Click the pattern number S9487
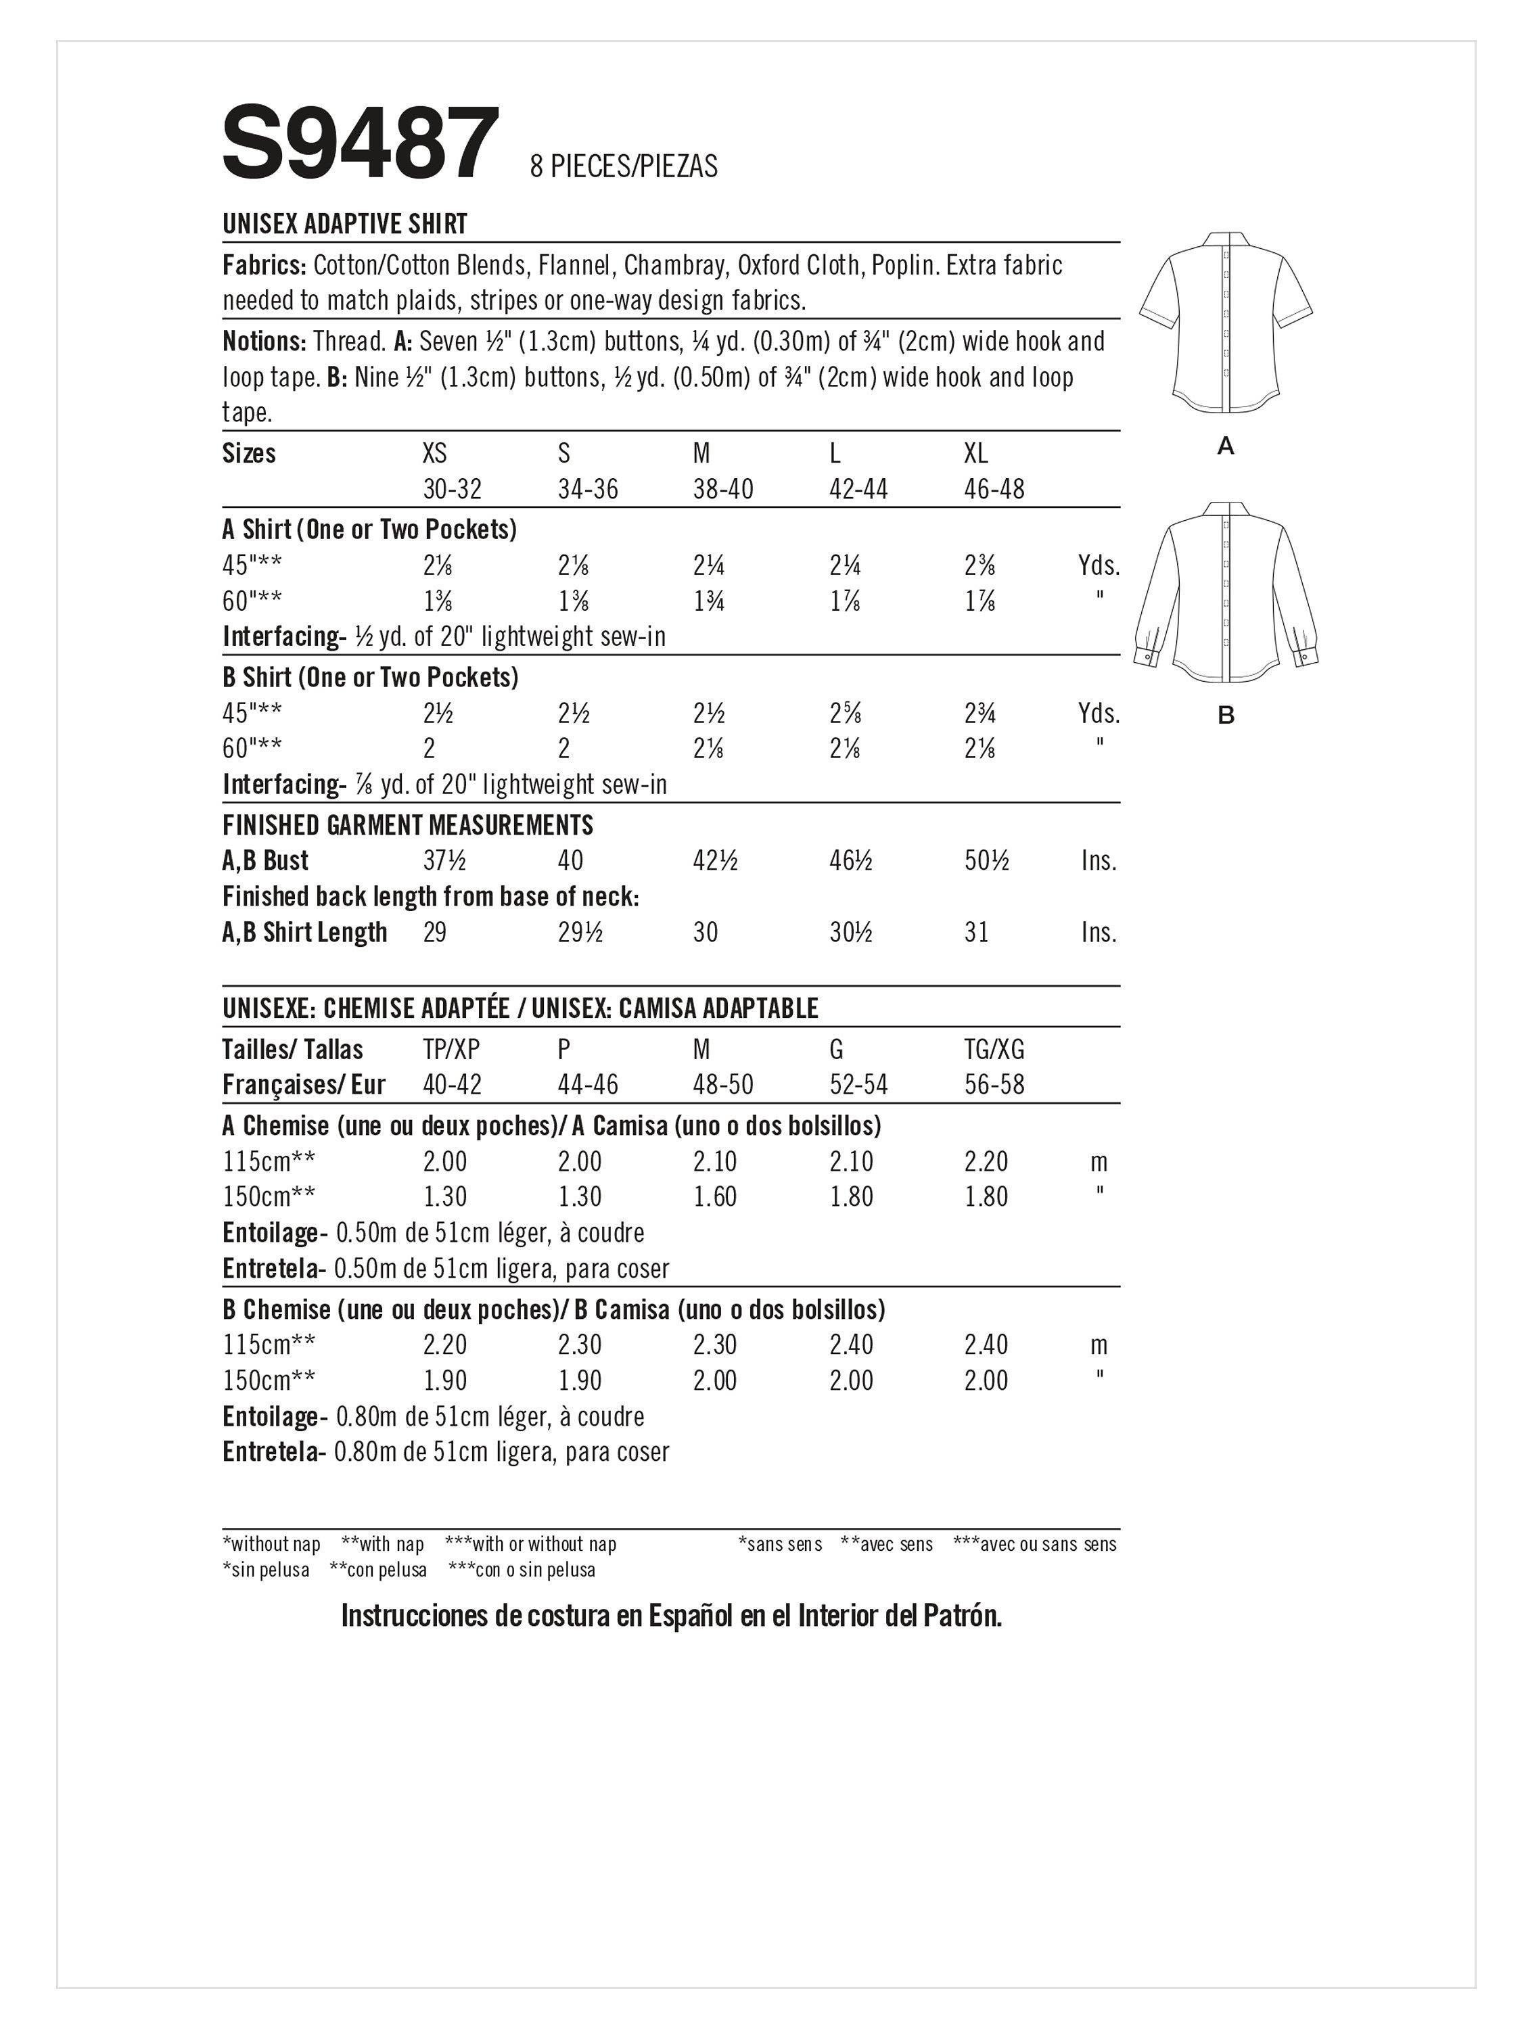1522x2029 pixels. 361,143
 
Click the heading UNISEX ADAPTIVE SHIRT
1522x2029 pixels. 345,224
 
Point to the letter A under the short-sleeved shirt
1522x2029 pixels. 1225,446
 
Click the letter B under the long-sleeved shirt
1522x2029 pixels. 1226,716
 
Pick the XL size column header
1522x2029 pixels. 976,454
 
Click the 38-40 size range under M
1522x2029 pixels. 723,489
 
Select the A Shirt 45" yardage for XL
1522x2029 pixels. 979,566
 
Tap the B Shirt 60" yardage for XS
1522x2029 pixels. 430,749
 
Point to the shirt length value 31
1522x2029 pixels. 976,933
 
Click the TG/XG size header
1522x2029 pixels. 994,1050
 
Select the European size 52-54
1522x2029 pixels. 858,1085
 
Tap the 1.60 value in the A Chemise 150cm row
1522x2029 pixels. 715,1197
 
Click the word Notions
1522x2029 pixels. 263,342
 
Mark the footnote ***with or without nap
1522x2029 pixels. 530,1545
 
